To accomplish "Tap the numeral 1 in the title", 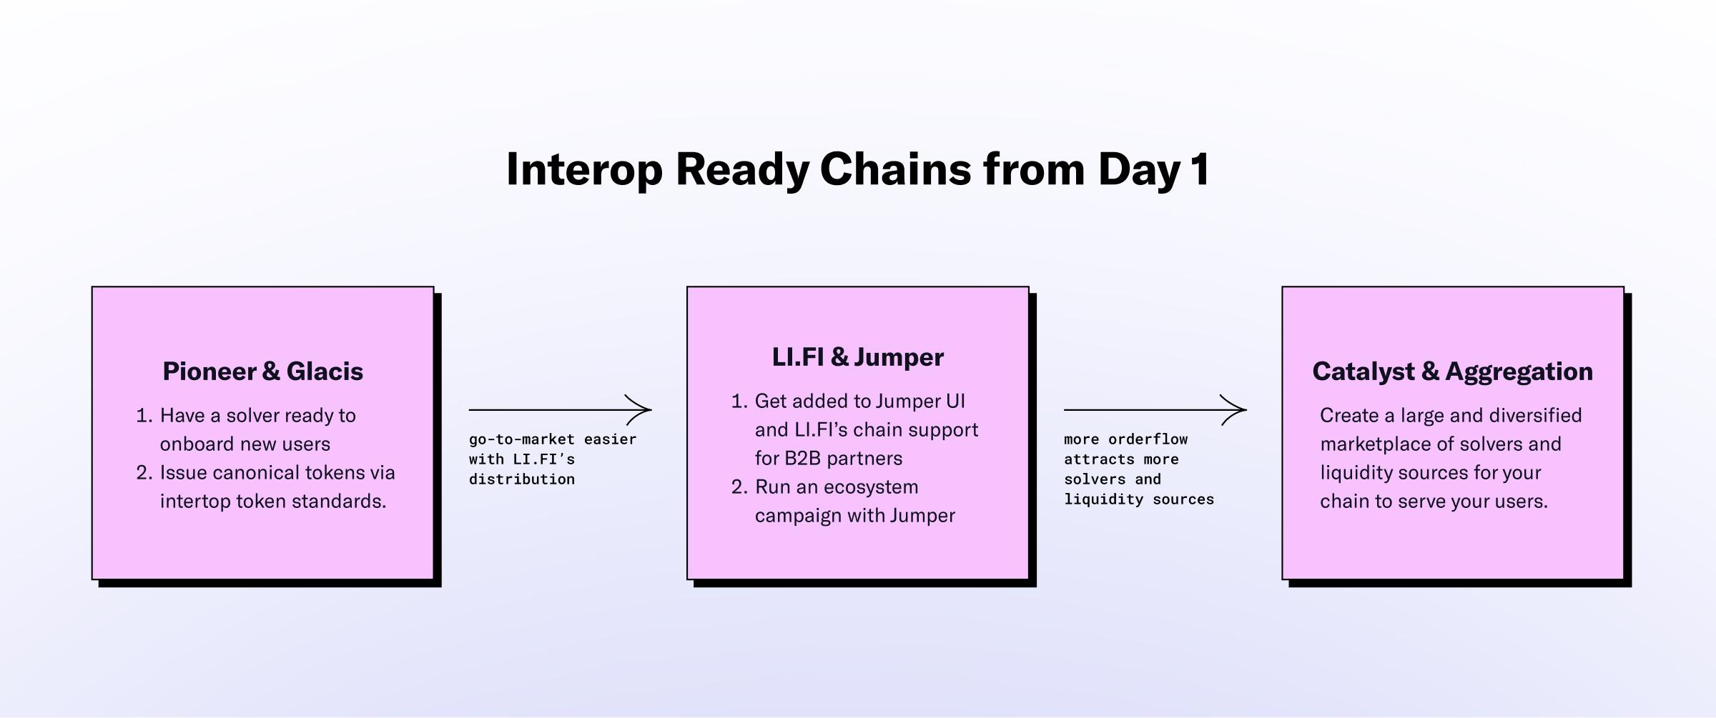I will click(1200, 170).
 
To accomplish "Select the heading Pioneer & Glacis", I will click(262, 372).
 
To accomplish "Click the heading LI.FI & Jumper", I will click(857, 357).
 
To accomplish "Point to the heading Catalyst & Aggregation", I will click(1452, 372).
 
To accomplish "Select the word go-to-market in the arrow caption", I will click(521, 439).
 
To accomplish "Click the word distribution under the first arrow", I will click(521, 479).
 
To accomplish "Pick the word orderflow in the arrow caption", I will click(1148, 439).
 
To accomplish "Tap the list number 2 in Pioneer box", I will click(143, 473).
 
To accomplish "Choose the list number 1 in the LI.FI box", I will click(738, 402).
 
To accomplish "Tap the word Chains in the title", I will click(895, 170).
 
